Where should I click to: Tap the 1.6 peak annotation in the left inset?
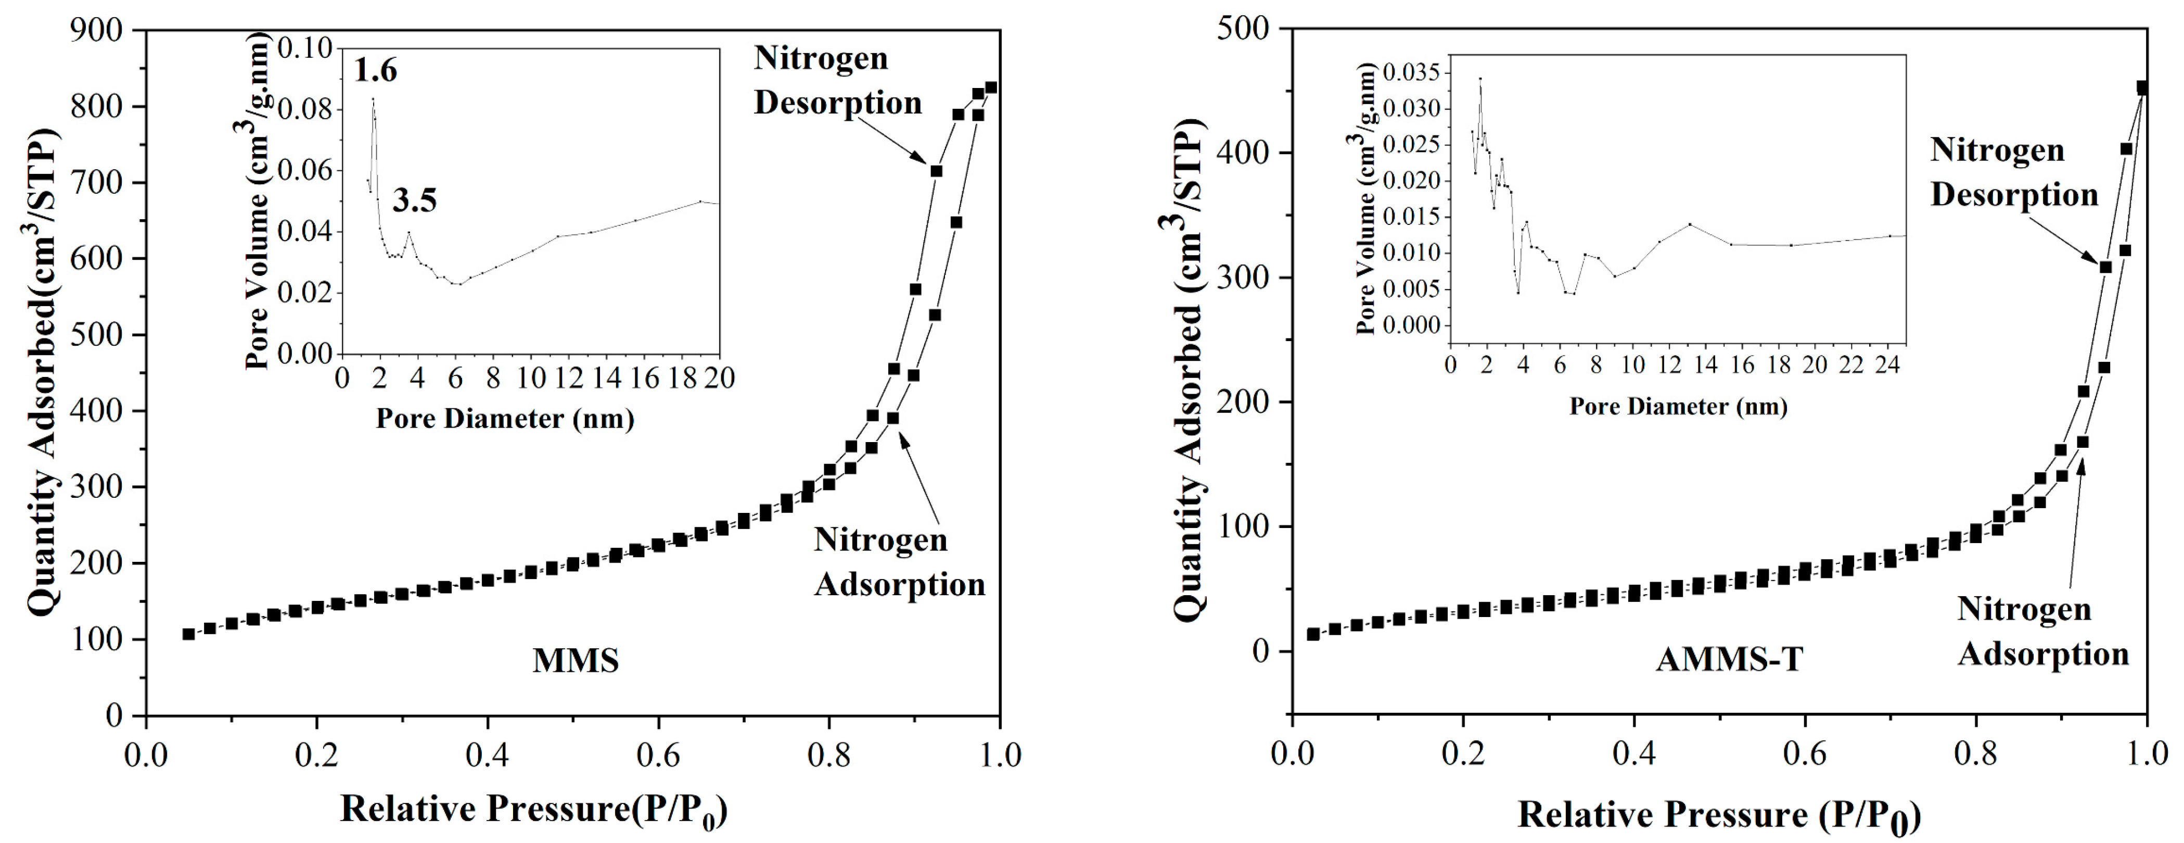375,70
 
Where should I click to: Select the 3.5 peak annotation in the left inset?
415,201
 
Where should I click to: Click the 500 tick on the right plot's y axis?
1243,28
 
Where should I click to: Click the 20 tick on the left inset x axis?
720,378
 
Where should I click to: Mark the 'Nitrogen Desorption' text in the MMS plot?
838,81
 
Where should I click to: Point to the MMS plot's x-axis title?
534,810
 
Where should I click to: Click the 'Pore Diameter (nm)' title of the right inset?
1678,406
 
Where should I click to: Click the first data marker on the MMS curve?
188,634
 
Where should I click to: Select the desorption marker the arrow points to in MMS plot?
936,171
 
